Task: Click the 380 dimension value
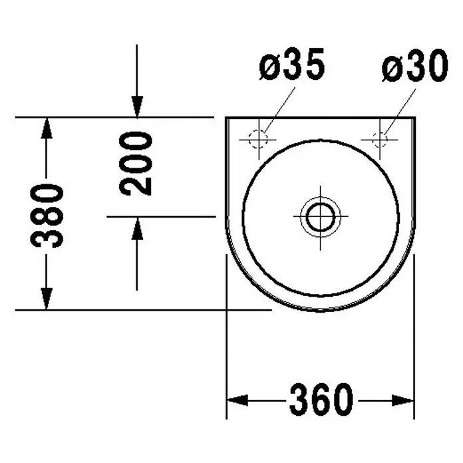tap(47, 216)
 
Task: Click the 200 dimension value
tap(136, 164)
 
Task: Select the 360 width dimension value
tap(321, 400)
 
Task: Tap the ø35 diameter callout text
tap(292, 64)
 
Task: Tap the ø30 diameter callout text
tap(415, 66)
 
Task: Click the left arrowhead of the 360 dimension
tap(237, 400)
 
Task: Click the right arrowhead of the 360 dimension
tap(403, 400)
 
